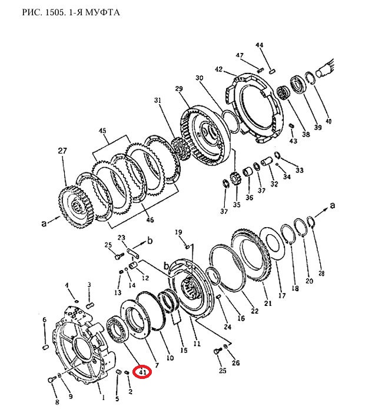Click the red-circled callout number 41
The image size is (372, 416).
[x=143, y=372]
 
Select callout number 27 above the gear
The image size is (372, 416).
[x=62, y=151]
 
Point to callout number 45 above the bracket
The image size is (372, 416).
[x=102, y=131]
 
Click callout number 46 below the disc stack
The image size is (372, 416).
[x=150, y=219]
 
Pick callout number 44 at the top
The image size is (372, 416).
[x=259, y=45]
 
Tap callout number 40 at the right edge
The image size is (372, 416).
[x=328, y=121]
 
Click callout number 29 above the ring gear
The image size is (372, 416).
[x=179, y=88]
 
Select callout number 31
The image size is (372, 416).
[x=158, y=100]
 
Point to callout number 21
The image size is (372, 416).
[x=268, y=302]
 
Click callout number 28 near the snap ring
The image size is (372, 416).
[x=321, y=273]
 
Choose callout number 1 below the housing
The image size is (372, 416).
[x=103, y=397]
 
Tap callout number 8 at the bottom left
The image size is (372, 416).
[x=57, y=402]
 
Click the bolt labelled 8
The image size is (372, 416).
[x=51, y=380]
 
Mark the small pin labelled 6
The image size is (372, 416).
[x=45, y=347]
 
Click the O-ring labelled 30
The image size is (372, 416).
[x=231, y=122]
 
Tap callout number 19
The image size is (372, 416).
[x=178, y=232]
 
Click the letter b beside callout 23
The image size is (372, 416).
[x=150, y=241]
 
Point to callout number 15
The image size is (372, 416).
[x=184, y=350]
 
